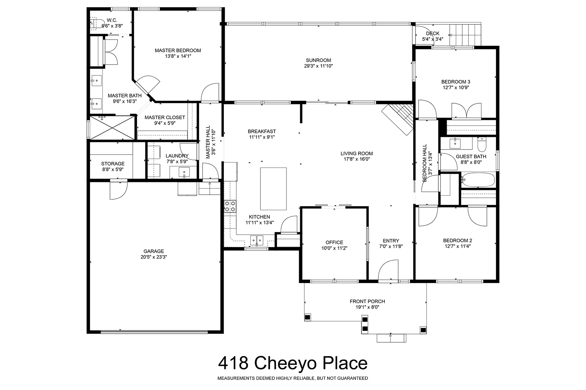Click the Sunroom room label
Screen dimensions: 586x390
coord(318,60)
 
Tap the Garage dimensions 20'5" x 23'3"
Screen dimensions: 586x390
coord(154,257)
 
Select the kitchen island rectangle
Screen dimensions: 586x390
coord(273,189)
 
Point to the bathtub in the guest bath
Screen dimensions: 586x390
coord(478,180)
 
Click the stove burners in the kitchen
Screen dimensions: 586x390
coord(230,206)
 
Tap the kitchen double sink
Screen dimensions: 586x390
coord(256,240)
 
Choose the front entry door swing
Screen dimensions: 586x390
coord(388,271)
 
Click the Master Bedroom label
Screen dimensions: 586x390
coord(178,51)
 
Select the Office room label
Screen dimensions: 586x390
coord(334,242)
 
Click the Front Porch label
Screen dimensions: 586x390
coord(367,302)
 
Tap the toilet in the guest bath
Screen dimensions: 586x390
coord(481,145)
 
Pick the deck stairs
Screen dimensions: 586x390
coord(465,35)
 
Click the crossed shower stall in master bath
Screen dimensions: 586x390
coord(112,128)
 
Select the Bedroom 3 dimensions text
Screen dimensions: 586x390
coord(456,87)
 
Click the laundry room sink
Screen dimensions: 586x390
coord(184,172)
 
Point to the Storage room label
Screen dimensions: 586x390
coord(113,164)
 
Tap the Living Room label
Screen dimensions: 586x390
coord(357,153)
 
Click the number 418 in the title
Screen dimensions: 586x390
coord(233,363)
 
